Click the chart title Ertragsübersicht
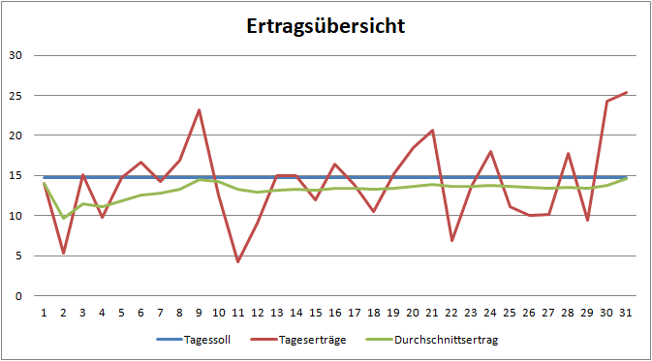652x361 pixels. point(325,26)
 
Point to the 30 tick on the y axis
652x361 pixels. point(16,55)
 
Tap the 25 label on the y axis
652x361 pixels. point(16,95)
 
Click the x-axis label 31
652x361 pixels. point(626,313)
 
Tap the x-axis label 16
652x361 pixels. point(335,313)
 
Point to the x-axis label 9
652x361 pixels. point(200,313)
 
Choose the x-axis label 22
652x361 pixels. point(451,313)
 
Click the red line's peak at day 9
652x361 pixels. point(200,110)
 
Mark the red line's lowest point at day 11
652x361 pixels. point(238,261)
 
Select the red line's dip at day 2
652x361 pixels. point(64,254)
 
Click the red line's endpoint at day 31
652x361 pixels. point(626,93)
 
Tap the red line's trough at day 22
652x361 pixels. point(451,240)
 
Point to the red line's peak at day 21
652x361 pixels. point(432,131)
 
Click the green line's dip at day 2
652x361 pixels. point(64,218)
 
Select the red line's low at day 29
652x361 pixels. point(587,220)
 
